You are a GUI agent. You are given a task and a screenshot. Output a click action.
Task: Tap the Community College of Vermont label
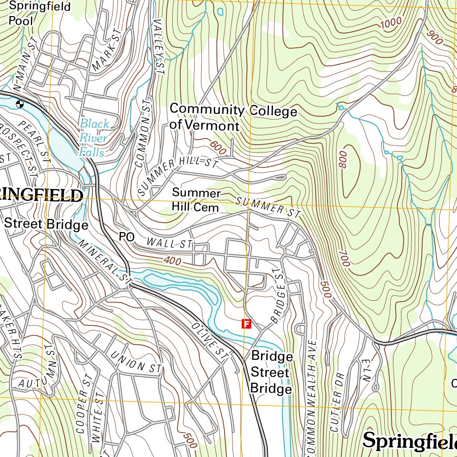pos(233,117)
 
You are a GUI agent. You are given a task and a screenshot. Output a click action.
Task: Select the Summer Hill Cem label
pos(196,200)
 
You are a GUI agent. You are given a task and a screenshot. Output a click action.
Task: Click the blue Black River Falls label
pos(94,138)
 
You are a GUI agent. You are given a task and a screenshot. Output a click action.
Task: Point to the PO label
pos(126,237)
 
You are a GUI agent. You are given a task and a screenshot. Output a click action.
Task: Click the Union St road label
pos(136,362)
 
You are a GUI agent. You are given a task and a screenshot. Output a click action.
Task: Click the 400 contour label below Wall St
pos(172,261)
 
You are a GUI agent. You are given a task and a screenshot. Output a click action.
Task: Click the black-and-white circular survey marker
pos(20,104)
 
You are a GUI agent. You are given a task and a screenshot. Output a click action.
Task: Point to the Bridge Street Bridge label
pos(272,373)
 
